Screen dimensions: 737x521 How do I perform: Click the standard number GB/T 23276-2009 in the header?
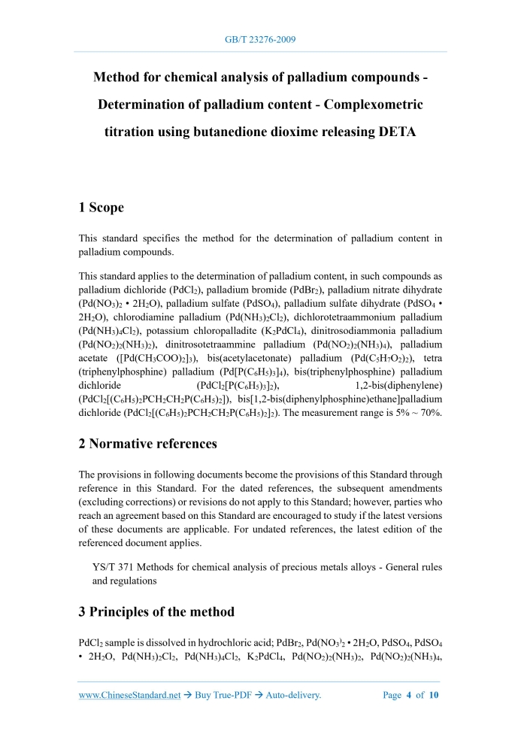point(260,39)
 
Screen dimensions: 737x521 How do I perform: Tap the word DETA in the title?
point(391,132)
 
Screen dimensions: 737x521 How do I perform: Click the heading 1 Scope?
point(101,208)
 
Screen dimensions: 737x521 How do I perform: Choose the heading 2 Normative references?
point(147,444)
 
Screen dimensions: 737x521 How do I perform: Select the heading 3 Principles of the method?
point(156,611)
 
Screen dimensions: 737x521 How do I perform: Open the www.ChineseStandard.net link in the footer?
point(129,695)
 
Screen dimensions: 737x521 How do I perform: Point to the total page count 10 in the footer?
point(434,695)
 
